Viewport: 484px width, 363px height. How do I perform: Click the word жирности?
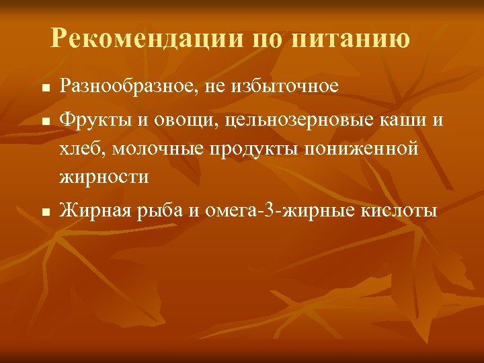[x=104, y=178]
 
